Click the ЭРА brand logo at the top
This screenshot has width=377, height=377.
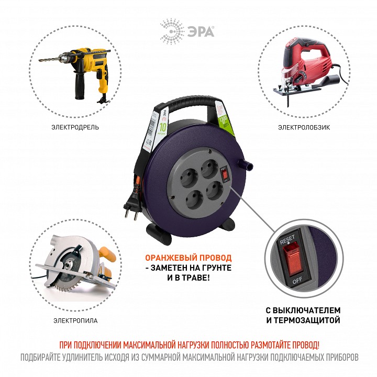188,28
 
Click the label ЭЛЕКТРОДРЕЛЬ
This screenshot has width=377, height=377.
75,127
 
